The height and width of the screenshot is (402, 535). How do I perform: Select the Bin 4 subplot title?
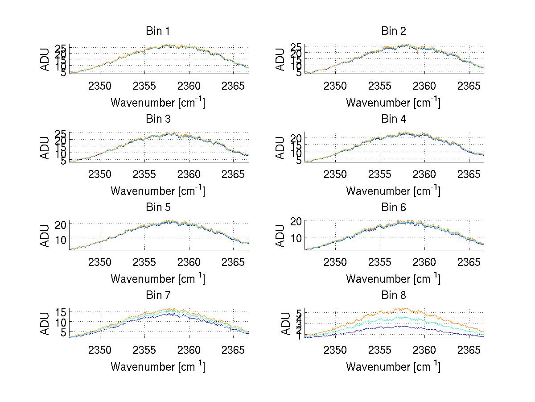point(393,119)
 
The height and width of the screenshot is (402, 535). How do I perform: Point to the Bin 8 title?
point(393,295)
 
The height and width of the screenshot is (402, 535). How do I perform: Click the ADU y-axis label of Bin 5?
point(45,235)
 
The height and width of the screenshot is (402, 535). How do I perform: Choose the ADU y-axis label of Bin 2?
point(280,59)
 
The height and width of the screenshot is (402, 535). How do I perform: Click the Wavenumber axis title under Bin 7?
point(158,367)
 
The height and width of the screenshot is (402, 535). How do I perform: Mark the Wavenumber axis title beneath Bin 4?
point(393,191)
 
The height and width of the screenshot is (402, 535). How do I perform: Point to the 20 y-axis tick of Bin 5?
point(62,224)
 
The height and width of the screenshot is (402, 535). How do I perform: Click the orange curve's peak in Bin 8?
point(403,308)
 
